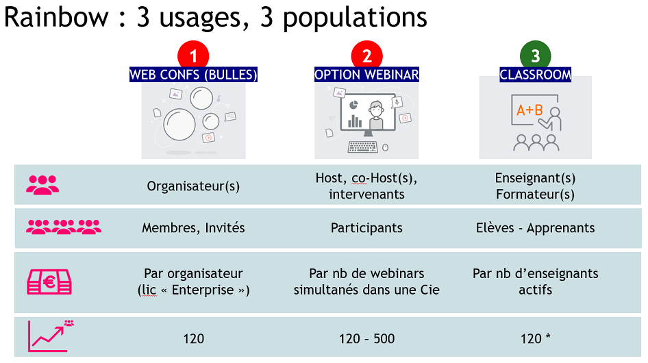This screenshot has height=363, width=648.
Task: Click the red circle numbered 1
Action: (193, 55)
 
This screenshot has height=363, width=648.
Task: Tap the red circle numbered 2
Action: (366, 55)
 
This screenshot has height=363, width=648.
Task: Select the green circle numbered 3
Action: (535, 55)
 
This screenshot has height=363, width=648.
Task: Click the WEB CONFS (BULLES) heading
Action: (193, 75)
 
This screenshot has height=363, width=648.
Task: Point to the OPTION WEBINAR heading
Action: (366, 75)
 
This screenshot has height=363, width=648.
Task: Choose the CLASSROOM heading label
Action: (535, 75)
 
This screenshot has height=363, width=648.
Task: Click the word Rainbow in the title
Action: (56, 17)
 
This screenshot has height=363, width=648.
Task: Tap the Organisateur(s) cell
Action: (193, 186)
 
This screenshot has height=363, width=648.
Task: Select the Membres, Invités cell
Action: (193, 228)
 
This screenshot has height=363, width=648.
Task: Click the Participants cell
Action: (366, 228)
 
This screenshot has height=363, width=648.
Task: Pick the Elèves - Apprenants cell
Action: (535, 228)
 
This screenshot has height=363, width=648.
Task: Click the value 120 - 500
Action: (366, 338)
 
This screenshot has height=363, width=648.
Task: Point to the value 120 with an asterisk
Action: (535, 338)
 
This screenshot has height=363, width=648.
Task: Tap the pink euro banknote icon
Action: (49, 282)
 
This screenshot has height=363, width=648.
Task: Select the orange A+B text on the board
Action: (529, 110)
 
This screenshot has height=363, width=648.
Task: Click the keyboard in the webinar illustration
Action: (362, 147)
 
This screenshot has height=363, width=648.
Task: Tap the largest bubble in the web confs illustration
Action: (179, 125)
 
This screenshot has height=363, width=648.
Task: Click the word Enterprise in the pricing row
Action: (203, 290)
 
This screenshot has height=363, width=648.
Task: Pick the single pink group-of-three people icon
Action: (42, 185)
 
